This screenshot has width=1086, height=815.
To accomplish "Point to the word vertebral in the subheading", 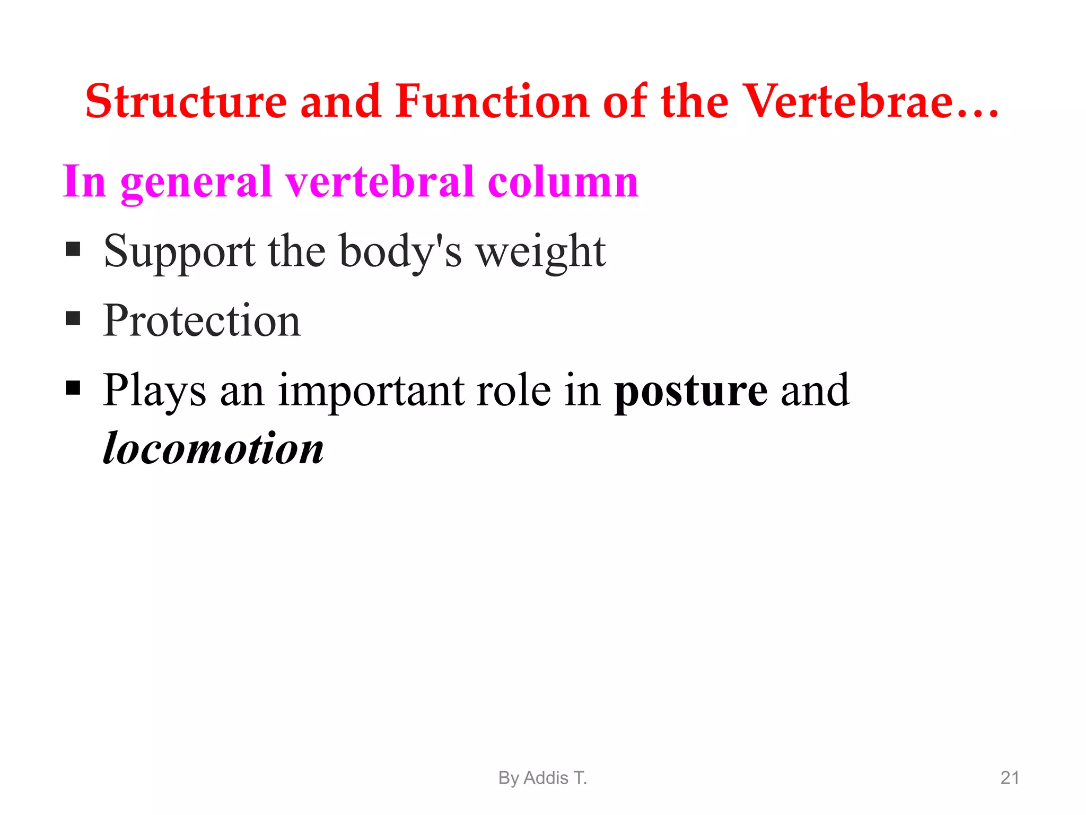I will (x=380, y=181).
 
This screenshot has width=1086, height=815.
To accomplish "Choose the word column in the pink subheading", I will (x=563, y=181).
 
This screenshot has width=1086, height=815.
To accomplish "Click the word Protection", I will (x=202, y=320).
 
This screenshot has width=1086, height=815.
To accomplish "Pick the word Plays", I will (x=154, y=392).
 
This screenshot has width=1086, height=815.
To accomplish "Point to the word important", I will (x=371, y=392).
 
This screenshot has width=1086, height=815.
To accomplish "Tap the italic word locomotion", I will (x=213, y=449).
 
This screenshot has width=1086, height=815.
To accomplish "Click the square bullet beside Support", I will (x=73, y=249).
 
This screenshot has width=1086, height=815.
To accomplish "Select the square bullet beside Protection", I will (x=73, y=318).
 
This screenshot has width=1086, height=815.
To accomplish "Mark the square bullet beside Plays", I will (x=73, y=388).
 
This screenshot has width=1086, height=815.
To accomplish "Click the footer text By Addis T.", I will (x=542, y=778).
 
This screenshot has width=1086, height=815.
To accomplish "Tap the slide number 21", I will (x=1010, y=778).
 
